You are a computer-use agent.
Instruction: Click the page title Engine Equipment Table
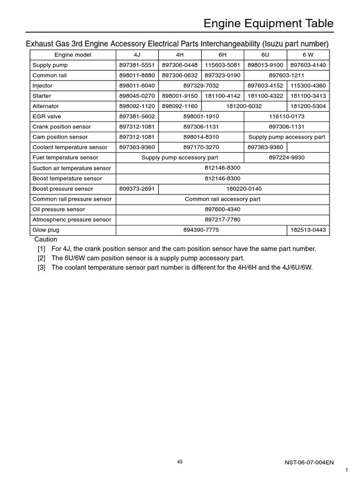tap(268, 23)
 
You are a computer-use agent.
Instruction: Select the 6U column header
tap(265, 55)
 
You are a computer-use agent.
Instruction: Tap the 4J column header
tap(137, 55)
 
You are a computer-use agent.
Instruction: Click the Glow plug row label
tap(46, 230)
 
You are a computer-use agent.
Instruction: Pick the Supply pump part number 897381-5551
tap(137, 65)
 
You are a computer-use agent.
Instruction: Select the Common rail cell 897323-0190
tap(223, 75)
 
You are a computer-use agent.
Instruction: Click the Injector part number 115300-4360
tap(308, 86)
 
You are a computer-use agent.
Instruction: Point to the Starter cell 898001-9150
tap(180, 96)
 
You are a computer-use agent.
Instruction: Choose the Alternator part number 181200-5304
tap(308, 106)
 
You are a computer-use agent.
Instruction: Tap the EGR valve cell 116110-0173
tap(286, 117)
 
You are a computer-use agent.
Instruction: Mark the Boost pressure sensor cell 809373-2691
tap(137, 189)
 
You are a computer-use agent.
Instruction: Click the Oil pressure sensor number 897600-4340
tap(223, 210)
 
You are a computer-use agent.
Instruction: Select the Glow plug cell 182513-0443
tap(308, 230)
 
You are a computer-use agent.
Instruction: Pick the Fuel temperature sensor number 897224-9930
tap(286, 158)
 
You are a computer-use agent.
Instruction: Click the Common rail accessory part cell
tap(223, 199)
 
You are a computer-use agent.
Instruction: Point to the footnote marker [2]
tap(42, 258)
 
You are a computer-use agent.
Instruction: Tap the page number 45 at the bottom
tap(180, 462)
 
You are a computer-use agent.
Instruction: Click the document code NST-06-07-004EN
tap(309, 462)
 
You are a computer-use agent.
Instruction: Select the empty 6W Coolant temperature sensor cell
tap(308, 148)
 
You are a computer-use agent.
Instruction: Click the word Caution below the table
tap(46, 240)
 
